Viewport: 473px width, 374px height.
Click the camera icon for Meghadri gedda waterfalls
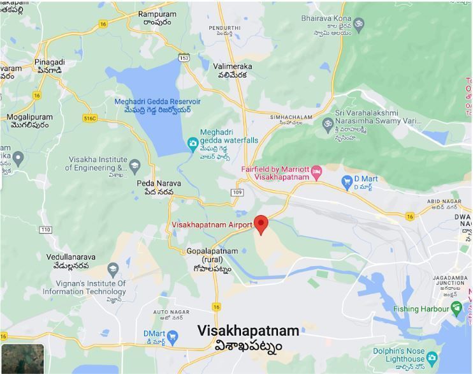(192, 144)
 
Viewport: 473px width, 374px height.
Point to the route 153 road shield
(184, 57)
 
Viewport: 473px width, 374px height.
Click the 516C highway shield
(89, 118)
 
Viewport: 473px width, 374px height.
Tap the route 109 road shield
(238, 192)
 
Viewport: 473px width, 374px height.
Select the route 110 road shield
(45, 230)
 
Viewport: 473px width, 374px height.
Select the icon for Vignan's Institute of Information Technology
(113, 270)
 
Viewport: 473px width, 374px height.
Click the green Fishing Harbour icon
(456, 309)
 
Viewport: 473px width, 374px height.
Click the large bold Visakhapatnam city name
(248, 331)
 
